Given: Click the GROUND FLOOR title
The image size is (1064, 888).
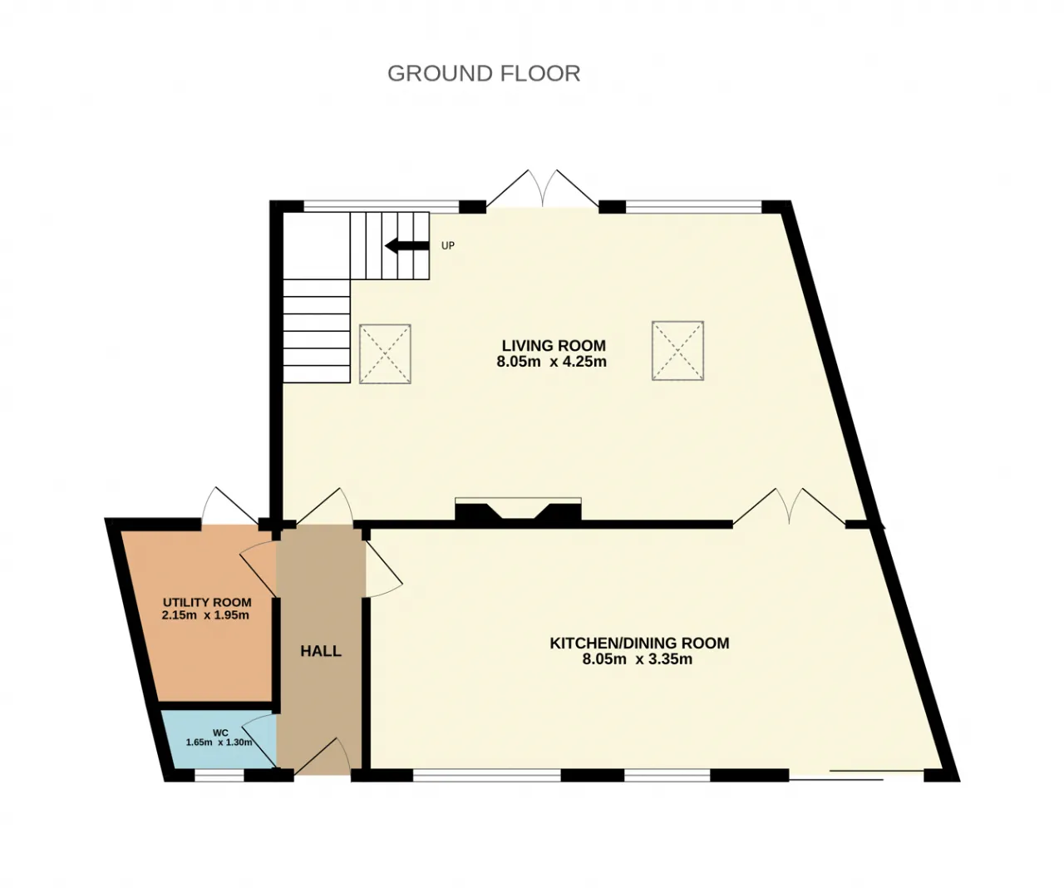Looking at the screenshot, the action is click(484, 73).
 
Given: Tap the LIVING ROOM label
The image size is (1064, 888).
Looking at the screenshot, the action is click(554, 346).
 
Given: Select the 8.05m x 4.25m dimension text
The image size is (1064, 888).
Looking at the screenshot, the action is click(552, 362).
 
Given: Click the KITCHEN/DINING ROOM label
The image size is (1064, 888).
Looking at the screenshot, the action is click(639, 644).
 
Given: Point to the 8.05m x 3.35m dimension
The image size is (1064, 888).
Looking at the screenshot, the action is click(638, 659).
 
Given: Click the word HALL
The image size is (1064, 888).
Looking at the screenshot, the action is click(321, 651).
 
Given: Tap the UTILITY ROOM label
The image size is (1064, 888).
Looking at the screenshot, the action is click(207, 603).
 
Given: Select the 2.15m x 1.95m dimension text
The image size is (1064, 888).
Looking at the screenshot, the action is click(205, 615).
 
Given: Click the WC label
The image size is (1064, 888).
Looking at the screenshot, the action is click(220, 733).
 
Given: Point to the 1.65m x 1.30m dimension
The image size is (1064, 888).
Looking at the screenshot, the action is click(219, 742).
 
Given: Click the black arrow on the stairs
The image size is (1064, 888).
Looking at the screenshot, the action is click(406, 246).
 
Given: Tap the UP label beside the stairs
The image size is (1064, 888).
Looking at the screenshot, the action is click(447, 246).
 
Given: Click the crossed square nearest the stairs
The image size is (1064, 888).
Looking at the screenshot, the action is click(385, 353).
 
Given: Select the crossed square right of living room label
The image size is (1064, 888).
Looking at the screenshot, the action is click(677, 351).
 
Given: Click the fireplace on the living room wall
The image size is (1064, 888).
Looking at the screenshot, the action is click(518, 511).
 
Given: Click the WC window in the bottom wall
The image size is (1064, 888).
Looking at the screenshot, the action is click(219, 776).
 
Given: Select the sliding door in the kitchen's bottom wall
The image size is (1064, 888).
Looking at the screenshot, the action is click(856, 774).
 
